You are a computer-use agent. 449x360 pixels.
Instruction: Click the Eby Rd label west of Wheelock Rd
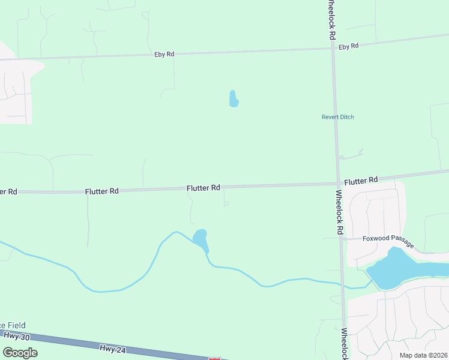tap(164, 54)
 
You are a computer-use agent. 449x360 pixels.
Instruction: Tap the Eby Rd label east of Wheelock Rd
tap(348, 46)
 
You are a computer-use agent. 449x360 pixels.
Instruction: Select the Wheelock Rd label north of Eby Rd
tap(331, 19)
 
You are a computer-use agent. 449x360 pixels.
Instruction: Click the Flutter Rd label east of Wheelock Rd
tap(361, 180)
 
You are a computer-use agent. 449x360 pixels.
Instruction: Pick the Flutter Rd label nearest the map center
tap(203, 188)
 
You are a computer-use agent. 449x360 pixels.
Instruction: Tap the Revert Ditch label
tap(338, 117)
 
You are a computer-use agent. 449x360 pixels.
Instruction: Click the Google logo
tap(20, 352)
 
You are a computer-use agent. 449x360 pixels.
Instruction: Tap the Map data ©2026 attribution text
tap(423, 355)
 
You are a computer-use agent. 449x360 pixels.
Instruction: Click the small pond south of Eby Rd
tap(234, 99)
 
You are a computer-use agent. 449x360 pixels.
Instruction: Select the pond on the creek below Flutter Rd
tap(200, 239)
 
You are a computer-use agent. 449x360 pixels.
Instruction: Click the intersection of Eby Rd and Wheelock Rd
tap(333, 49)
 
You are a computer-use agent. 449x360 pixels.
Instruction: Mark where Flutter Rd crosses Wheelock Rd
tap(338, 184)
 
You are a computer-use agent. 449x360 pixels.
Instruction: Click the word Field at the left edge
tap(14, 325)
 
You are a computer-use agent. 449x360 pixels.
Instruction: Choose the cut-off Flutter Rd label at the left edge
tap(8, 191)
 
